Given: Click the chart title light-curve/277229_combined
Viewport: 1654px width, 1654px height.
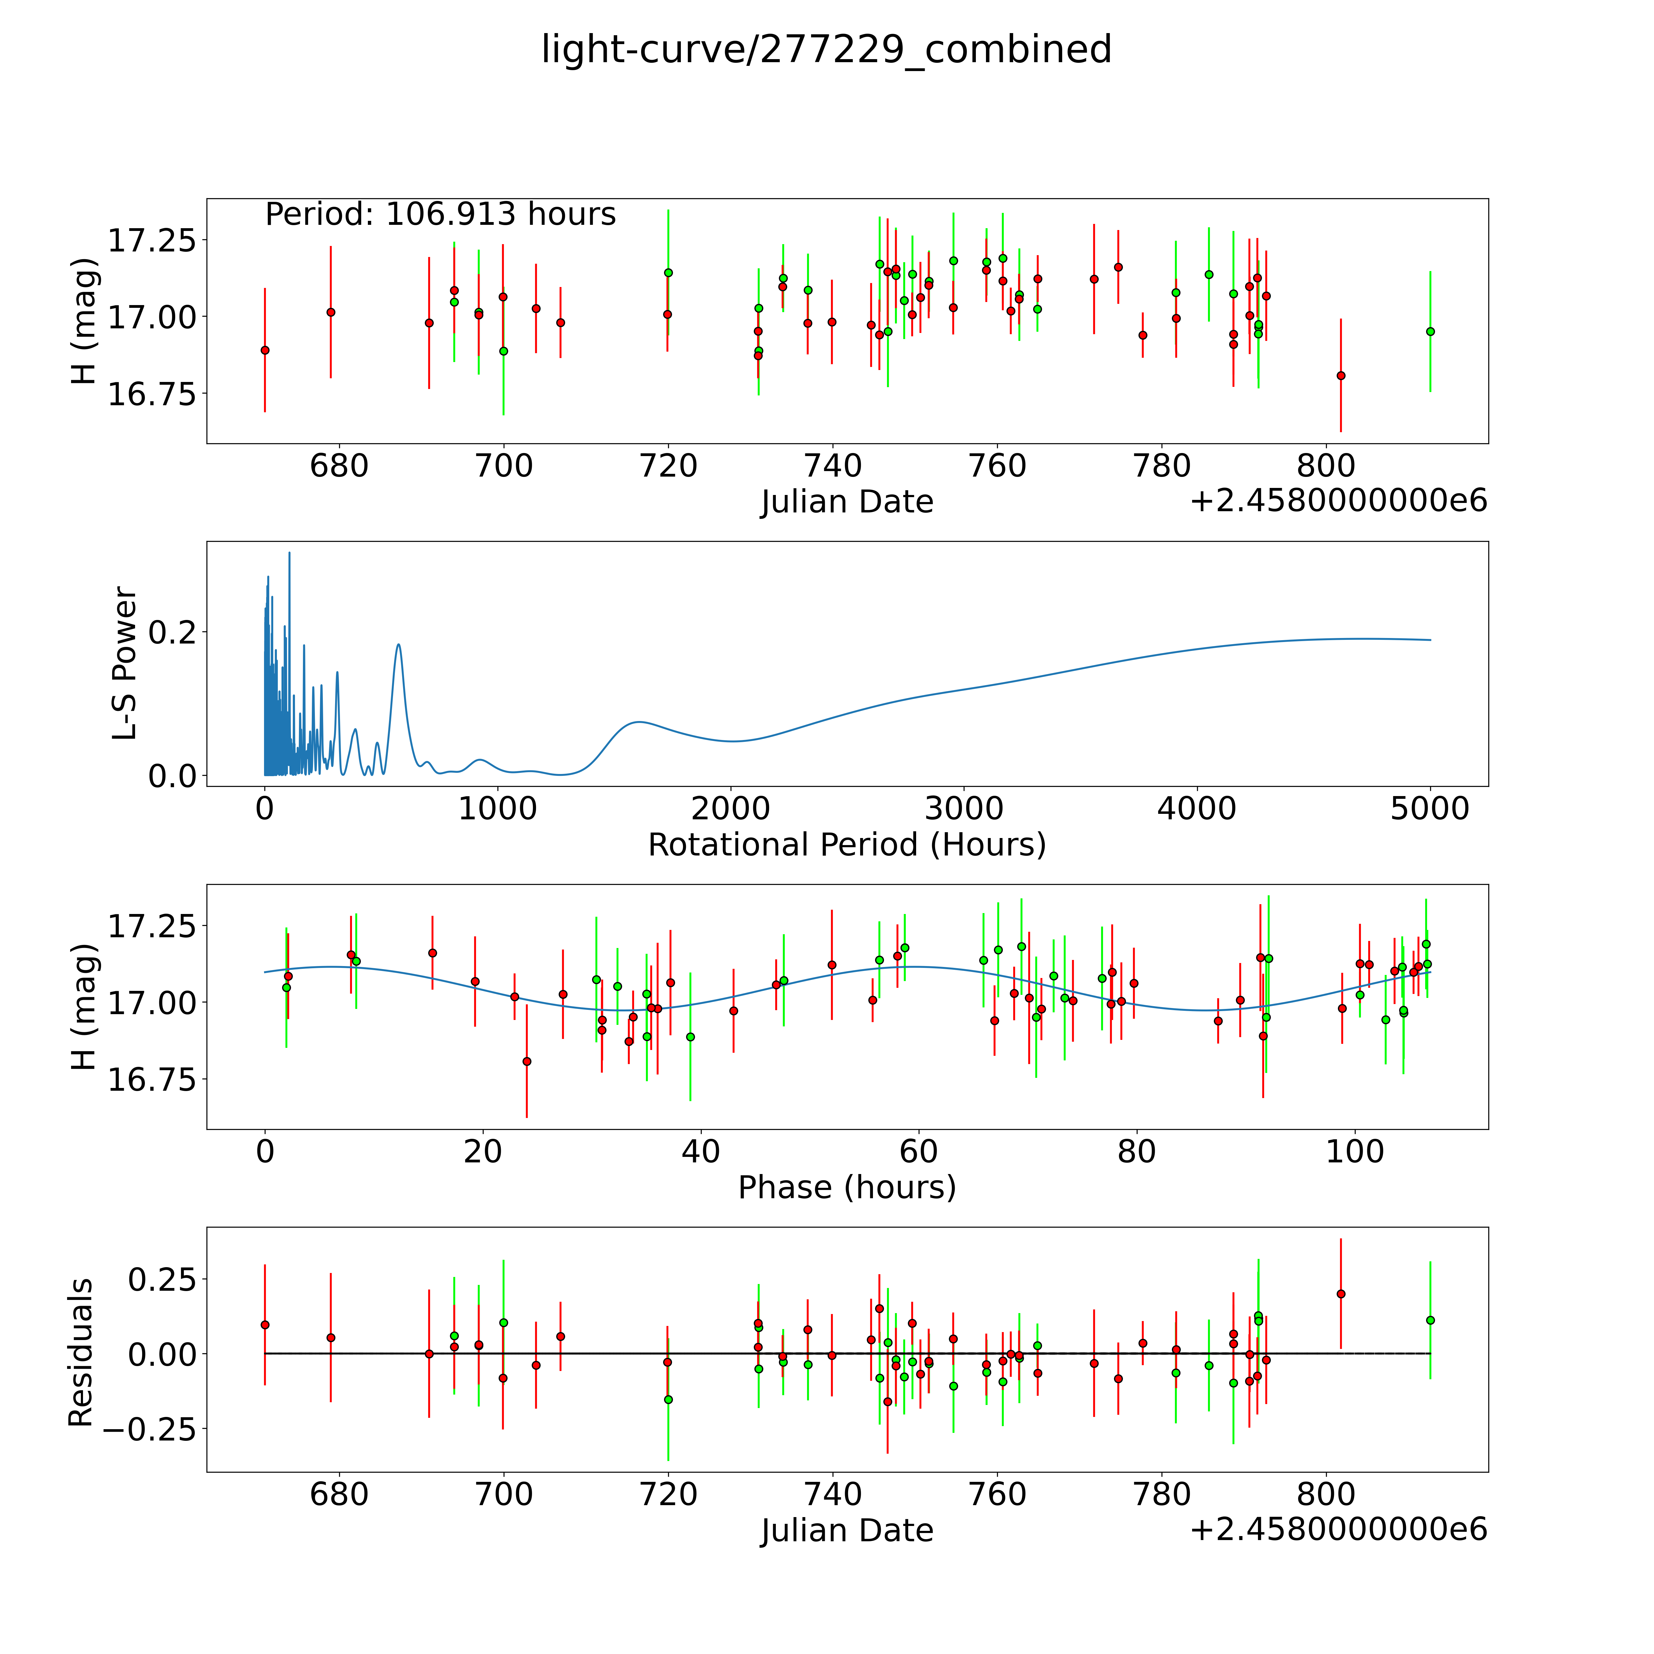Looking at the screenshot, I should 826,50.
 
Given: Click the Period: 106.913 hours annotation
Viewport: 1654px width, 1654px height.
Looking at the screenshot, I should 440,214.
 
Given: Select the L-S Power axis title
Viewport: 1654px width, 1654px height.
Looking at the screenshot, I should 125,663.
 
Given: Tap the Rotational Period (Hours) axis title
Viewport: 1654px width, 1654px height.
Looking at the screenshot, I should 847,845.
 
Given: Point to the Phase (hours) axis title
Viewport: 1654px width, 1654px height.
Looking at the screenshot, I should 847,1188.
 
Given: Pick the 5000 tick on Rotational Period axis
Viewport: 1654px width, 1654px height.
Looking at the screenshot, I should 1430,809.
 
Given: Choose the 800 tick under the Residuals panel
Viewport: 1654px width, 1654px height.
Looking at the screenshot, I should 1326,1495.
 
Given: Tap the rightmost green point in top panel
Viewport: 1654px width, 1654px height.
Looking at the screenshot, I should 1430,331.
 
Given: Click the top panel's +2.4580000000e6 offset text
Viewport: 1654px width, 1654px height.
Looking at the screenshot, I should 1338,502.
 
